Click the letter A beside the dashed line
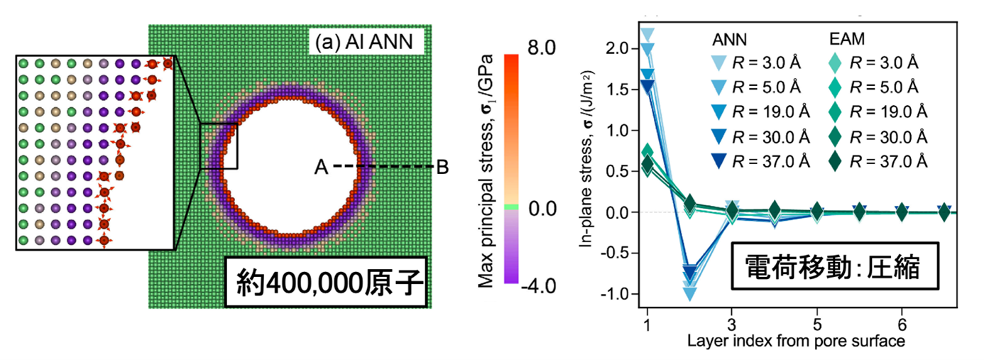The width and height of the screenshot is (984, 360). click(x=322, y=168)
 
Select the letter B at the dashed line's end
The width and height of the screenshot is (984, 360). click(x=442, y=168)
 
